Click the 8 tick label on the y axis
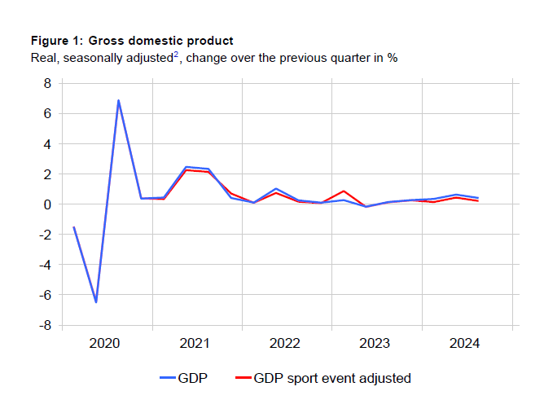tap(47, 83)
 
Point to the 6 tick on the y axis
tap(47, 113)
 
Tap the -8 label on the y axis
tap(45, 325)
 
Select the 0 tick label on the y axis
tap(47, 204)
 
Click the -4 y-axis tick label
tap(45, 265)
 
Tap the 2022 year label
tap(287, 344)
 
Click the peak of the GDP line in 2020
tap(118, 100)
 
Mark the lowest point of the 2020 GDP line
tap(96, 302)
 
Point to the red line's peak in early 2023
tap(344, 191)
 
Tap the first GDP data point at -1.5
tap(73, 227)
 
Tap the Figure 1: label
tap(57, 41)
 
